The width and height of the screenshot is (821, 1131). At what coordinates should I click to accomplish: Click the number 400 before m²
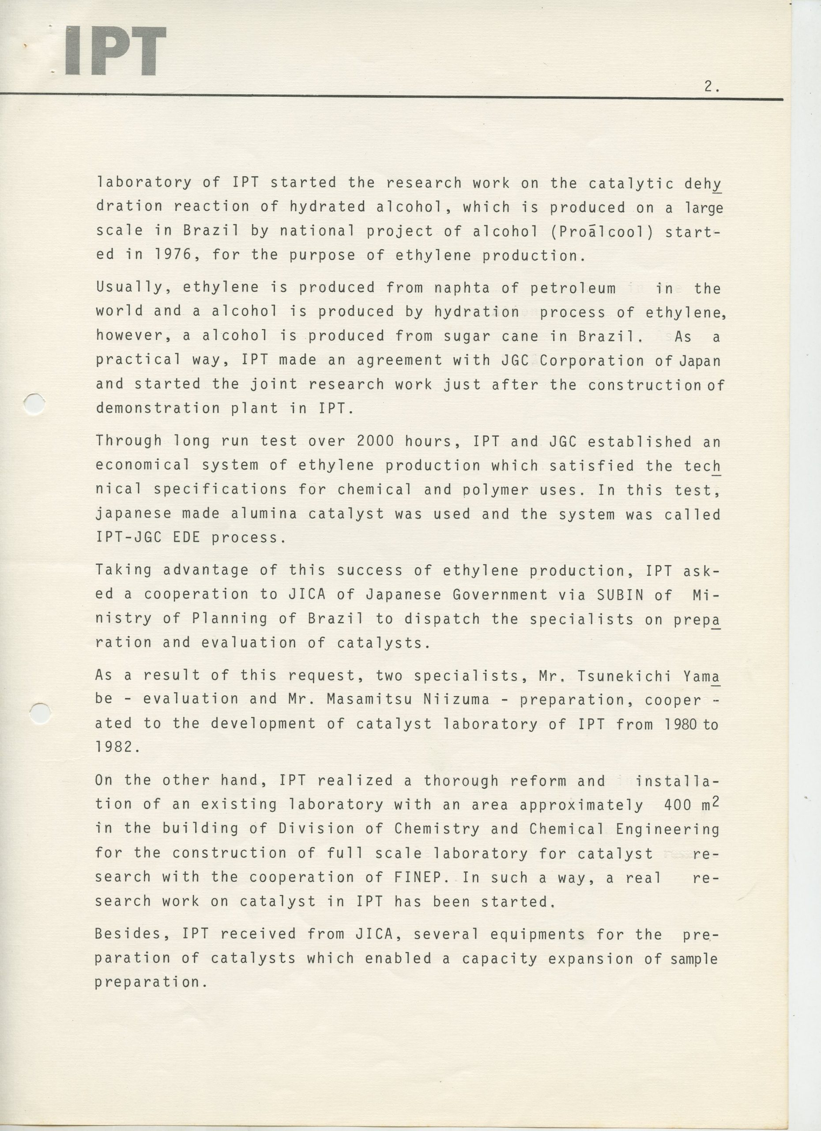[x=678, y=805]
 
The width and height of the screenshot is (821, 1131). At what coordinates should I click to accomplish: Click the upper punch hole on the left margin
[x=34, y=403]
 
